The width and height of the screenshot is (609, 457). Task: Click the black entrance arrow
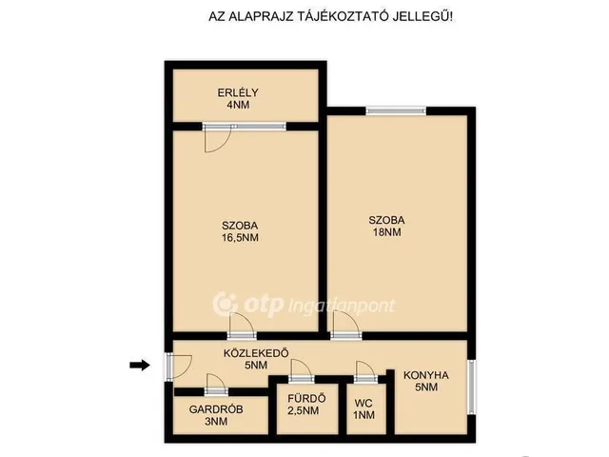(x=140, y=365)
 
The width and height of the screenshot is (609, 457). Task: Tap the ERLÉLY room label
(x=238, y=93)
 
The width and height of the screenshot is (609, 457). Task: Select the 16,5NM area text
(x=240, y=238)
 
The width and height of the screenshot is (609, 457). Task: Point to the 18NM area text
(x=387, y=232)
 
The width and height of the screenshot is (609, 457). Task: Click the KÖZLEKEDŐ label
(x=256, y=353)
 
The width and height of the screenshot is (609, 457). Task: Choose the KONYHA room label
(x=426, y=375)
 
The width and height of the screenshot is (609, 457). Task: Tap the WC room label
(x=363, y=403)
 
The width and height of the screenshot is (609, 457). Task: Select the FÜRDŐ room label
(x=306, y=398)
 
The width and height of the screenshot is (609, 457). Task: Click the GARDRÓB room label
(x=216, y=409)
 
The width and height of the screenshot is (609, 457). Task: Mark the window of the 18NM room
(x=396, y=111)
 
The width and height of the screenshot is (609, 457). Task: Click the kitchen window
(x=472, y=387)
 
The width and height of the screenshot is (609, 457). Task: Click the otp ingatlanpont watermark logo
(x=304, y=305)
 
